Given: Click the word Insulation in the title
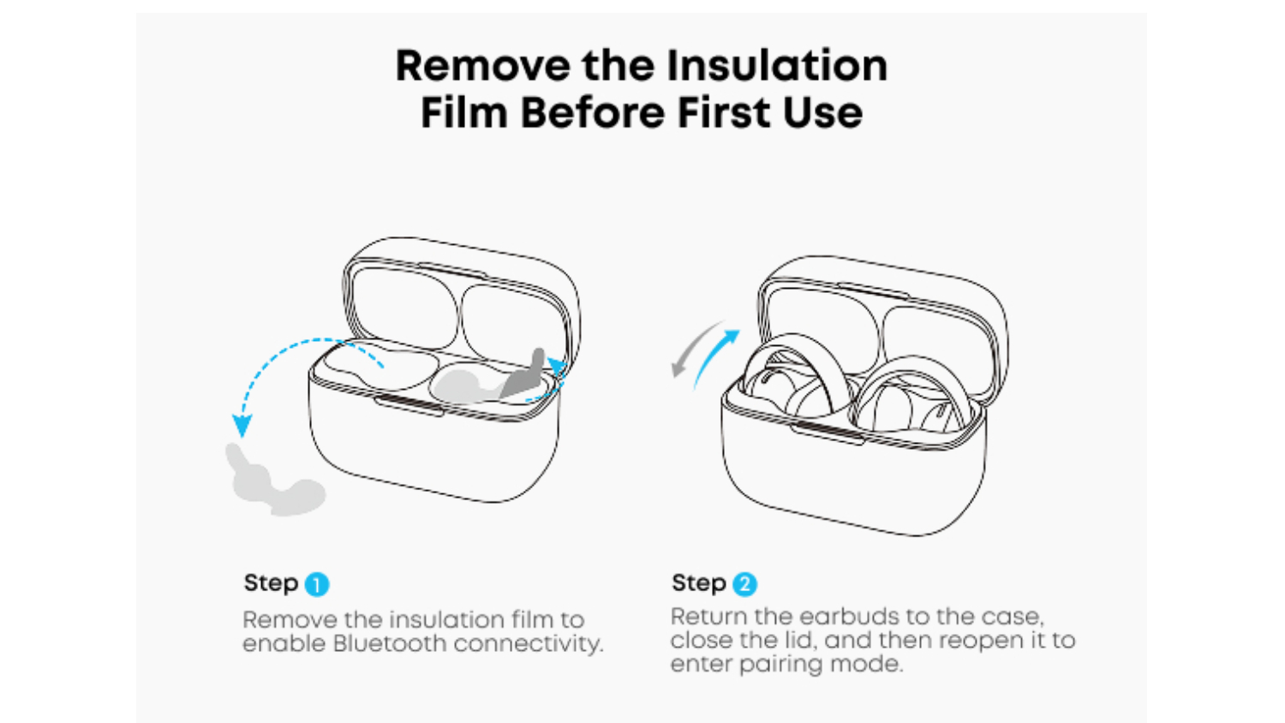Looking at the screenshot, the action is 777,65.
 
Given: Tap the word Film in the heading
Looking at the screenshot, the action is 464,112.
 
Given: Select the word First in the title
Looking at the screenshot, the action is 724,112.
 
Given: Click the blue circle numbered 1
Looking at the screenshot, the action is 317,585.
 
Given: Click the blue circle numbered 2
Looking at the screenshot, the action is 744,584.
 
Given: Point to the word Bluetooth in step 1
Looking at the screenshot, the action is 390,643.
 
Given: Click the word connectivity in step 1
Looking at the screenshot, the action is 529,644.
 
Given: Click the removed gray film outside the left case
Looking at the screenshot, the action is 274,481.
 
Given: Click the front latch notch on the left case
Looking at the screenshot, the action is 409,404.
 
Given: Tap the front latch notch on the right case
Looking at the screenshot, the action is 828,433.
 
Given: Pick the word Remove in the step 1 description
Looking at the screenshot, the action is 290,619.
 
